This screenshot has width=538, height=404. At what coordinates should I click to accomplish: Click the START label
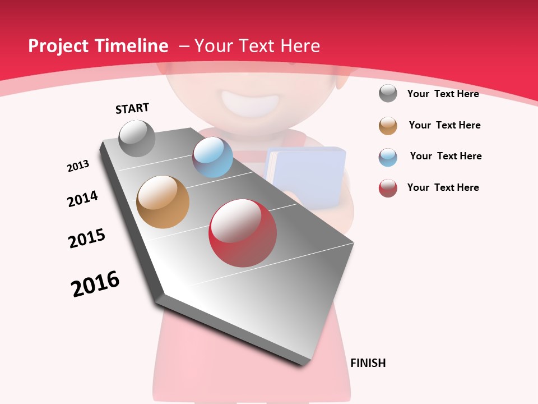[132, 108]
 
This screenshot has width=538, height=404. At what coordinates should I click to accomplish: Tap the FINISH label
[368, 363]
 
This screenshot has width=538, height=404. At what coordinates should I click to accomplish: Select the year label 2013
[78, 166]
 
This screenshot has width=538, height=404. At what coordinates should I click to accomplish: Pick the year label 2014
[82, 199]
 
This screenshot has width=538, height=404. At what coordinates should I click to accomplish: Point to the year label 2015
[87, 238]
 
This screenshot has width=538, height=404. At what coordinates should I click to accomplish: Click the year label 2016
[95, 284]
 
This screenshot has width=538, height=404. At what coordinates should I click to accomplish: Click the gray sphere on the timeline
[137, 139]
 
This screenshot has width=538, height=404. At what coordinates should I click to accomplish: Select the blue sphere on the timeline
[212, 157]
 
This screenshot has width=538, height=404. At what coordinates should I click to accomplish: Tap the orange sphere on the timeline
[163, 202]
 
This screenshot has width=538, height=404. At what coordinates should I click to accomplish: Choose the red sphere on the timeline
[243, 233]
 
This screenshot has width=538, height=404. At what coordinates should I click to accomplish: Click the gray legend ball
[388, 94]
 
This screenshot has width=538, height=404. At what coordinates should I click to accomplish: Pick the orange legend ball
[388, 126]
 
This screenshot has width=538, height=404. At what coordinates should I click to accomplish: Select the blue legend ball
[388, 157]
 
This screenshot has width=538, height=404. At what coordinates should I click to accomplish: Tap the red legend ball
[388, 188]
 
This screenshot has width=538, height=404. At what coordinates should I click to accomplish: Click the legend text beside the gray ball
[443, 94]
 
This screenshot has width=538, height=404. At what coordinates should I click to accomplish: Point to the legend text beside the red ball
[443, 187]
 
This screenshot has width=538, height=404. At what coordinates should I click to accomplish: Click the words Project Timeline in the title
[98, 46]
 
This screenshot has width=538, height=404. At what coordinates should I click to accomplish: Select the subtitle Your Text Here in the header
[257, 46]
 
